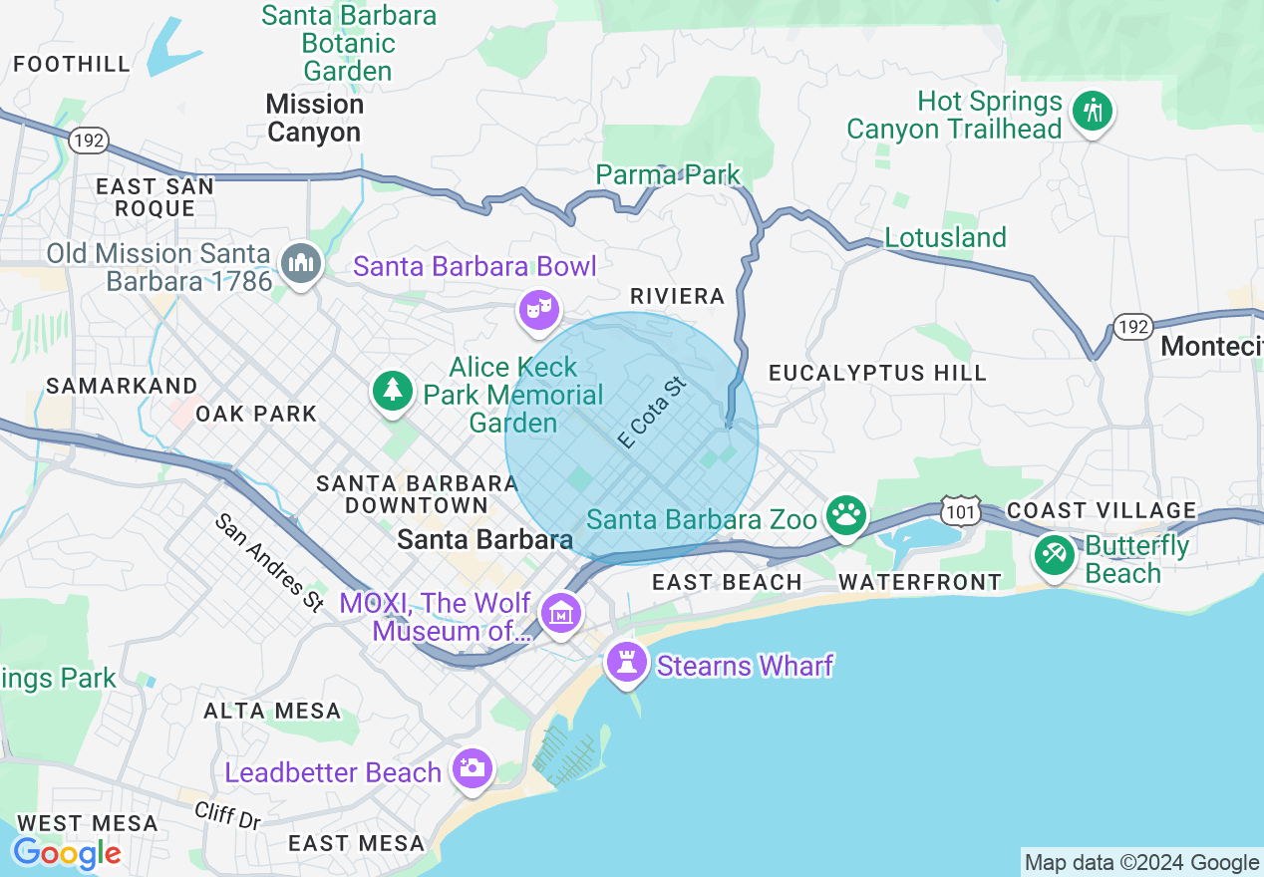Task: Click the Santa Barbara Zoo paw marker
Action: tap(847, 515)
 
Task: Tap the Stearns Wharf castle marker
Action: tap(626, 662)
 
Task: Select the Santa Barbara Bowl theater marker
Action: tap(537, 310)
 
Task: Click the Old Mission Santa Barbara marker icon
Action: tap(299, 264)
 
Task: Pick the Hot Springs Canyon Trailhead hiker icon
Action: tap(1093, 112)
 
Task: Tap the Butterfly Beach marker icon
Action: tap(1055, 554)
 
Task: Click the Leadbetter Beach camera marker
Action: tap(471, 768)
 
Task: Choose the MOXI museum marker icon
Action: tap(560, 614)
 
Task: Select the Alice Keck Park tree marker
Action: tap(393, 390)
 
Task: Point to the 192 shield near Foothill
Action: tap(89, 141)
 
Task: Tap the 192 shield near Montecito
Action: tap(1133, 327)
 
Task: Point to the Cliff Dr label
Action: tap(227, 815)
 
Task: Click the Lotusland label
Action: tap(945, 237)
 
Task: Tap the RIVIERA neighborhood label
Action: tap(677, 296)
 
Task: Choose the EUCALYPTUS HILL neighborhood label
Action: tap(877, 373)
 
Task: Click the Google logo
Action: tap(67, 853)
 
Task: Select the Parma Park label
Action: tap(668, 175)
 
